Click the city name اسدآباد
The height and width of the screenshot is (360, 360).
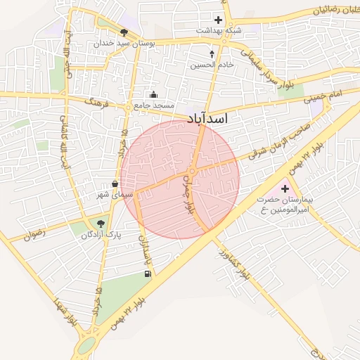click(x=207, y=120)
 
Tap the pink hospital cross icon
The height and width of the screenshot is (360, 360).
click(x=285, y=188)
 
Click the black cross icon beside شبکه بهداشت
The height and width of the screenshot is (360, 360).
click(x=218, y=20)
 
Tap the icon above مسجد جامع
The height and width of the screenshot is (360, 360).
click(x=154, y=95)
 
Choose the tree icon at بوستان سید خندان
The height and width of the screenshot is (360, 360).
click(x=124, y=32)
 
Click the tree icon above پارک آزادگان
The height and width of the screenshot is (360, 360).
click(x=101, y=224)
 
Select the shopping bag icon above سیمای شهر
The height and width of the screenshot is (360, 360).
click(x=115, y=184)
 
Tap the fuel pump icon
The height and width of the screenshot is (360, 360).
click(x=147, y=274)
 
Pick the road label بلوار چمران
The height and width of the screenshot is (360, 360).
click(x=188, y=194)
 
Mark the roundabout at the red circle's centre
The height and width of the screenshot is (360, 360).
click(x=191, y=172)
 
